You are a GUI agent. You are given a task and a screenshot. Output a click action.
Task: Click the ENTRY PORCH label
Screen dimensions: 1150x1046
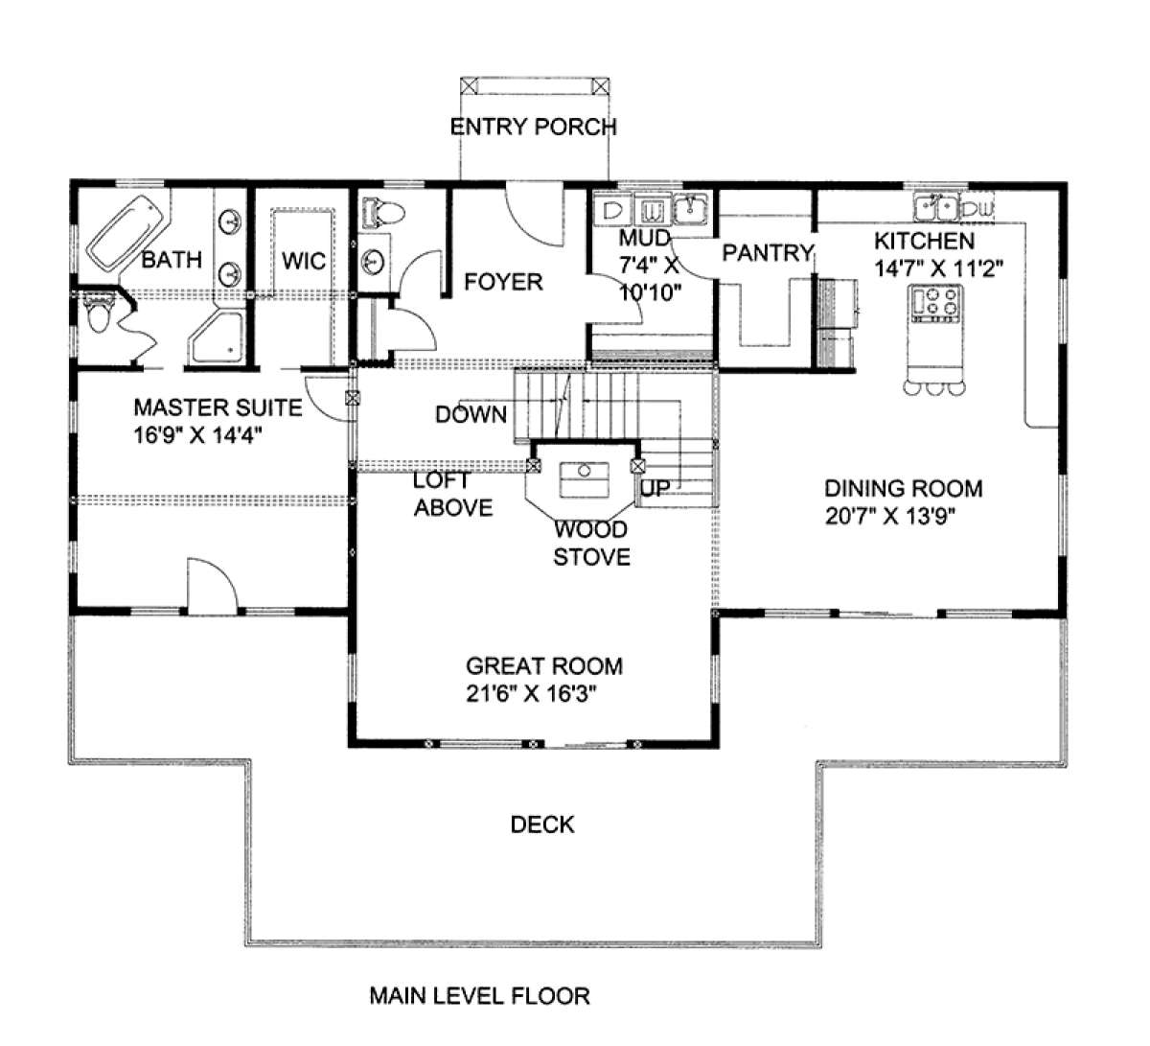(533, 127)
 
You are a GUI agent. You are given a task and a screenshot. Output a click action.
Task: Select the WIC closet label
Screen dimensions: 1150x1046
(304, 261)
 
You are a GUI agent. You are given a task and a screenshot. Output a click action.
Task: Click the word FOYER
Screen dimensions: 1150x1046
(503, 282)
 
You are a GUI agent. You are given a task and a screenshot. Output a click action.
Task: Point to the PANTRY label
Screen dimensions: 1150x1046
(768, 252)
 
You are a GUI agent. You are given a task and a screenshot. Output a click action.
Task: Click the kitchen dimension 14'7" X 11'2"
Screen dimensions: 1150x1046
(938, 268)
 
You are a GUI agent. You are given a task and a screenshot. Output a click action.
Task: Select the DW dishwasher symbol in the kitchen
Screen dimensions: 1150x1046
(977, 208)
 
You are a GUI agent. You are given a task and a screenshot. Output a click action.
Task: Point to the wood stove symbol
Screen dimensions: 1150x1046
(585, 479)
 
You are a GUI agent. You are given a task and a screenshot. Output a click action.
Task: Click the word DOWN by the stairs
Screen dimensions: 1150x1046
(471, 414)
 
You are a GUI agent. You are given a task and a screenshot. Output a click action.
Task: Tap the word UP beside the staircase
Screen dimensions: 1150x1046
(655, 488)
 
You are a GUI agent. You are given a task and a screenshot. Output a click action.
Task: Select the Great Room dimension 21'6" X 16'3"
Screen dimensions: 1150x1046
(532, 694)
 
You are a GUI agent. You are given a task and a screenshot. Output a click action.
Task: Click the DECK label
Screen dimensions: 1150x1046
(542, 825)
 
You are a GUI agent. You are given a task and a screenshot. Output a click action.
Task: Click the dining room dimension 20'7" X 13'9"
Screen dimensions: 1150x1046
(890, 517)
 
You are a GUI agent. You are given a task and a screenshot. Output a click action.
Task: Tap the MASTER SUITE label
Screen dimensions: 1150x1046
(218, 408)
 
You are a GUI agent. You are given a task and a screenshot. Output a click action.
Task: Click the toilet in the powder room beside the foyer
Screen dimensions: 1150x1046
(384, 214)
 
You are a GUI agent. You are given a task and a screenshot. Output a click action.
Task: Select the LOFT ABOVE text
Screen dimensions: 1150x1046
(453, 494)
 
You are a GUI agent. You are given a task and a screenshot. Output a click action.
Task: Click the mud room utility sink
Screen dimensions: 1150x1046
(690, 209)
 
